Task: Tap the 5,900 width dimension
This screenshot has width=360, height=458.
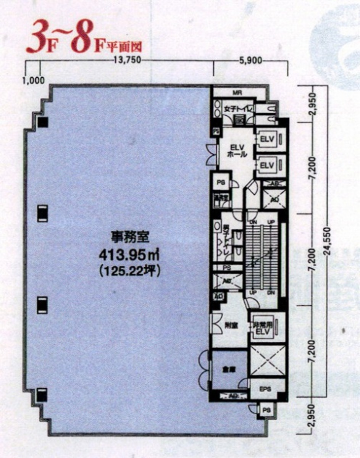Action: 250,60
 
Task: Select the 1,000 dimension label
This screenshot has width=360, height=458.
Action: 34,80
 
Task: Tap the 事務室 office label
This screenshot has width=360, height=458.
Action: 129,238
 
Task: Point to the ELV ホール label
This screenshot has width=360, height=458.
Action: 236,150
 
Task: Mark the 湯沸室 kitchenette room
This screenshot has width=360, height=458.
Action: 221,198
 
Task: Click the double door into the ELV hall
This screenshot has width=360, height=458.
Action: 211,154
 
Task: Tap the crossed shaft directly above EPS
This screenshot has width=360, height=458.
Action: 268,361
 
